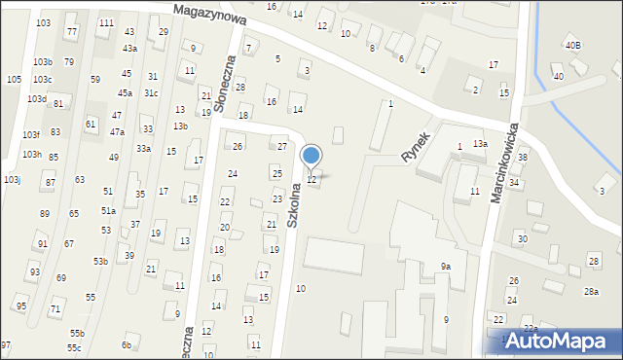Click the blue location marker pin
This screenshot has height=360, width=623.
point(311,157)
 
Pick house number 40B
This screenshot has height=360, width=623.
point(573,46)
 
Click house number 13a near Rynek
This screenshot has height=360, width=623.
point(480,144)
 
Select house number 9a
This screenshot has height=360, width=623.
point(445,266)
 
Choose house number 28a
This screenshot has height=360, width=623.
point(591,292)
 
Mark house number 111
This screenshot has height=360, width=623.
point(106,23)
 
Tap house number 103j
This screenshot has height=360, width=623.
point(12,180)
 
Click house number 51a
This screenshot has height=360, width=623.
point(108,210)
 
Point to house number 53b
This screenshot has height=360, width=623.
point(100,261)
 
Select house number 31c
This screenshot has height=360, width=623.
point(151,93)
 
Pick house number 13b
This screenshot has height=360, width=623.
point(180,126)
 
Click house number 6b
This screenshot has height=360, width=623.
point(126,345)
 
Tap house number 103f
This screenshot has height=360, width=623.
point(31,134)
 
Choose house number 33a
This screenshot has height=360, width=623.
point(143,148)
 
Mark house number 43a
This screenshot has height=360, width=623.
point(129,48)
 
